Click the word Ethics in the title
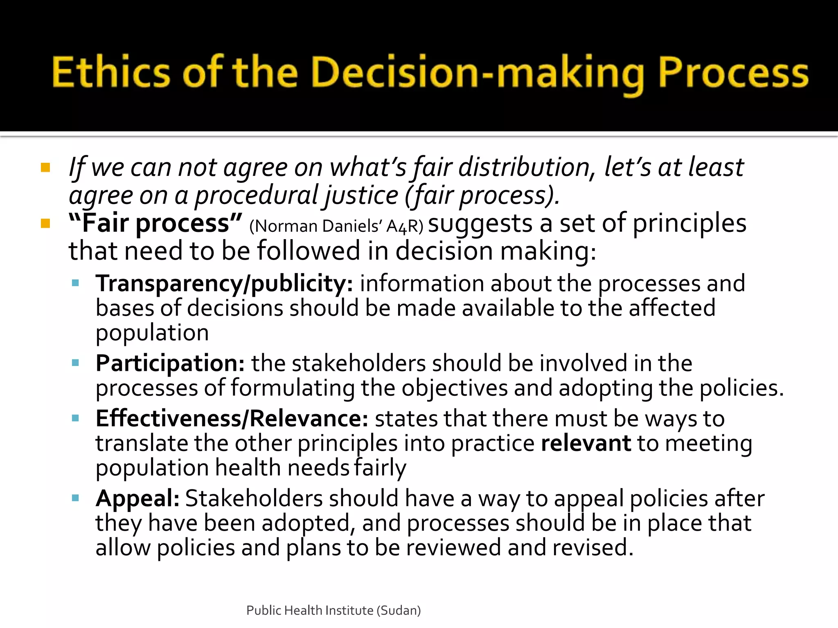110,73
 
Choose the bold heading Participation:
170,363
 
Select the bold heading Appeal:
137,498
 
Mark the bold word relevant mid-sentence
586,443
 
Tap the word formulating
293,388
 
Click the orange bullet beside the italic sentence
45,168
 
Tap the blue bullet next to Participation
75,363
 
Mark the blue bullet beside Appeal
75,498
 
